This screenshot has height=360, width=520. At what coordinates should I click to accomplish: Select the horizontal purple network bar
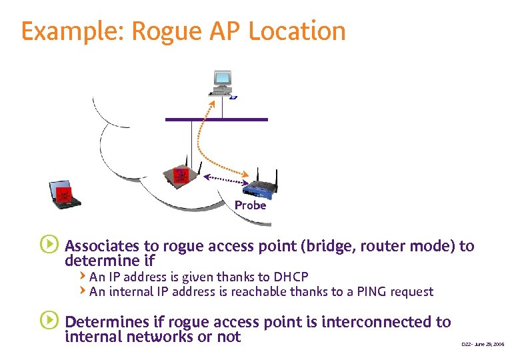[217, 120]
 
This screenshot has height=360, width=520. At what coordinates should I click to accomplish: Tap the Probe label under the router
[250, 205]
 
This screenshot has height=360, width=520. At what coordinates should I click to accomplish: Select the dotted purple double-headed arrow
[226, 179]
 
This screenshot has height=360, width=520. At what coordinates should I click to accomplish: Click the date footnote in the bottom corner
[483, 344]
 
